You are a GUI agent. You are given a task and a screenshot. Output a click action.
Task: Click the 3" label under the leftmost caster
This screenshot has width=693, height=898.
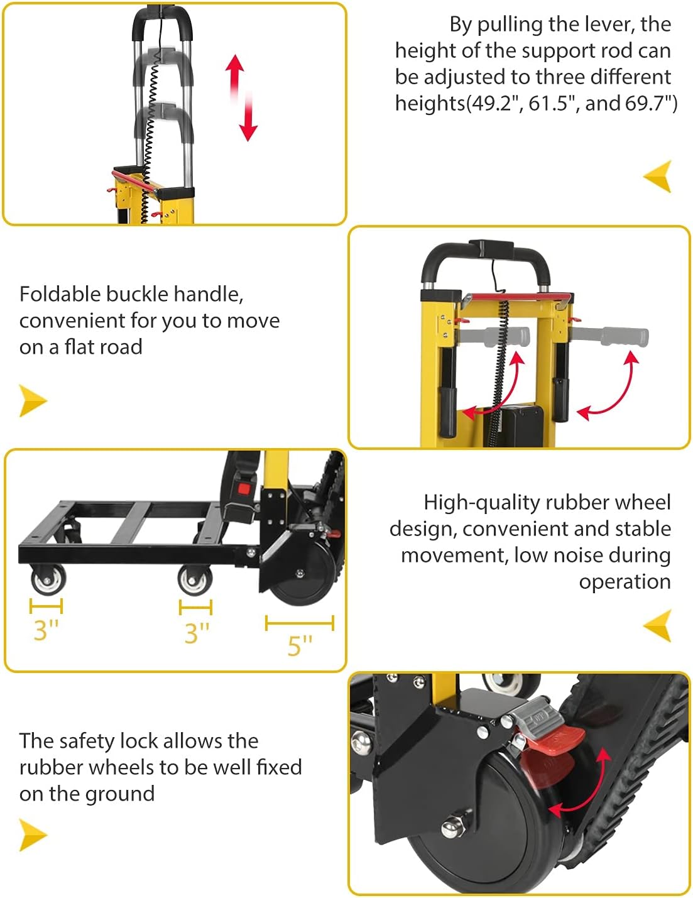click(x=46, y=630)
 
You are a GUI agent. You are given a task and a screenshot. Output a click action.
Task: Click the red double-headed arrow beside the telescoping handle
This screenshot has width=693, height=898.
click(x=242, y=97)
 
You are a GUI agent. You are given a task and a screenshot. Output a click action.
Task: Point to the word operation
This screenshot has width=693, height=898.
click(x=625, y=582)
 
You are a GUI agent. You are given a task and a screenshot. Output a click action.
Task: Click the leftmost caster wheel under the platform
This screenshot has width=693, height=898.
click(x=48, y=579)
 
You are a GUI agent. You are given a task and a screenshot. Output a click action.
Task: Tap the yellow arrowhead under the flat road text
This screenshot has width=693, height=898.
click(x=33, y=400)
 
